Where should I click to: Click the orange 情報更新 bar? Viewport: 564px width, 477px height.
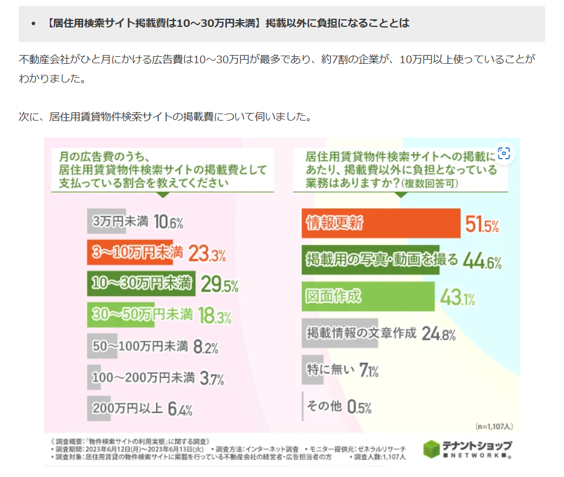pos(380,224)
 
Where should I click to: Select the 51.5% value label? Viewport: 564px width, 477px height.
pos(482,224)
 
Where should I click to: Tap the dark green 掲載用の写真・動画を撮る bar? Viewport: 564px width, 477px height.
pos(370,260)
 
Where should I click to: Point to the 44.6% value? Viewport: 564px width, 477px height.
pos(482,261)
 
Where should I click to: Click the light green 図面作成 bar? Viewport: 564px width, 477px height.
pos(368,297)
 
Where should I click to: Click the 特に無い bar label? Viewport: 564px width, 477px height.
pos(331,370)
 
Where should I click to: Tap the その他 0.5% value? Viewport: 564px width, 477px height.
pos(359,407)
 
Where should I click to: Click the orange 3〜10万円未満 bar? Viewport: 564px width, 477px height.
pos(130,253)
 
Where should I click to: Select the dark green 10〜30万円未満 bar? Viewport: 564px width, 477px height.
pos(140,284)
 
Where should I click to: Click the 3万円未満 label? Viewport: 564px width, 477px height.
pos(121,222)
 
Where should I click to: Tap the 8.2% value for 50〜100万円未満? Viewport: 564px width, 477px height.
pos(205,347)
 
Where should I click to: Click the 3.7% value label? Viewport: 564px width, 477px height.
pos(212,379)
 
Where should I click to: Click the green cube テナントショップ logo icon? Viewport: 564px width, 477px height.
pos(432,449)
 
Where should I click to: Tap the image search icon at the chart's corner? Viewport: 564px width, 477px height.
pos(504,154)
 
